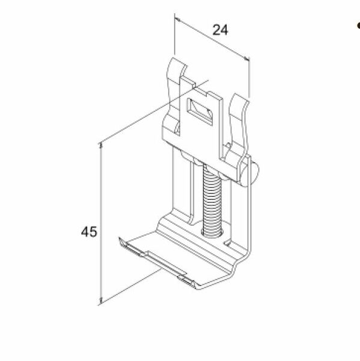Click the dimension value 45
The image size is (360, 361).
pyautogui.click(x=90, y=232)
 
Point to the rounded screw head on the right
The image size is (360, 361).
pyautogui.click(x=252, y=174)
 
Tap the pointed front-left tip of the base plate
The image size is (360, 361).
pyautogui.click(x=118, y=241)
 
